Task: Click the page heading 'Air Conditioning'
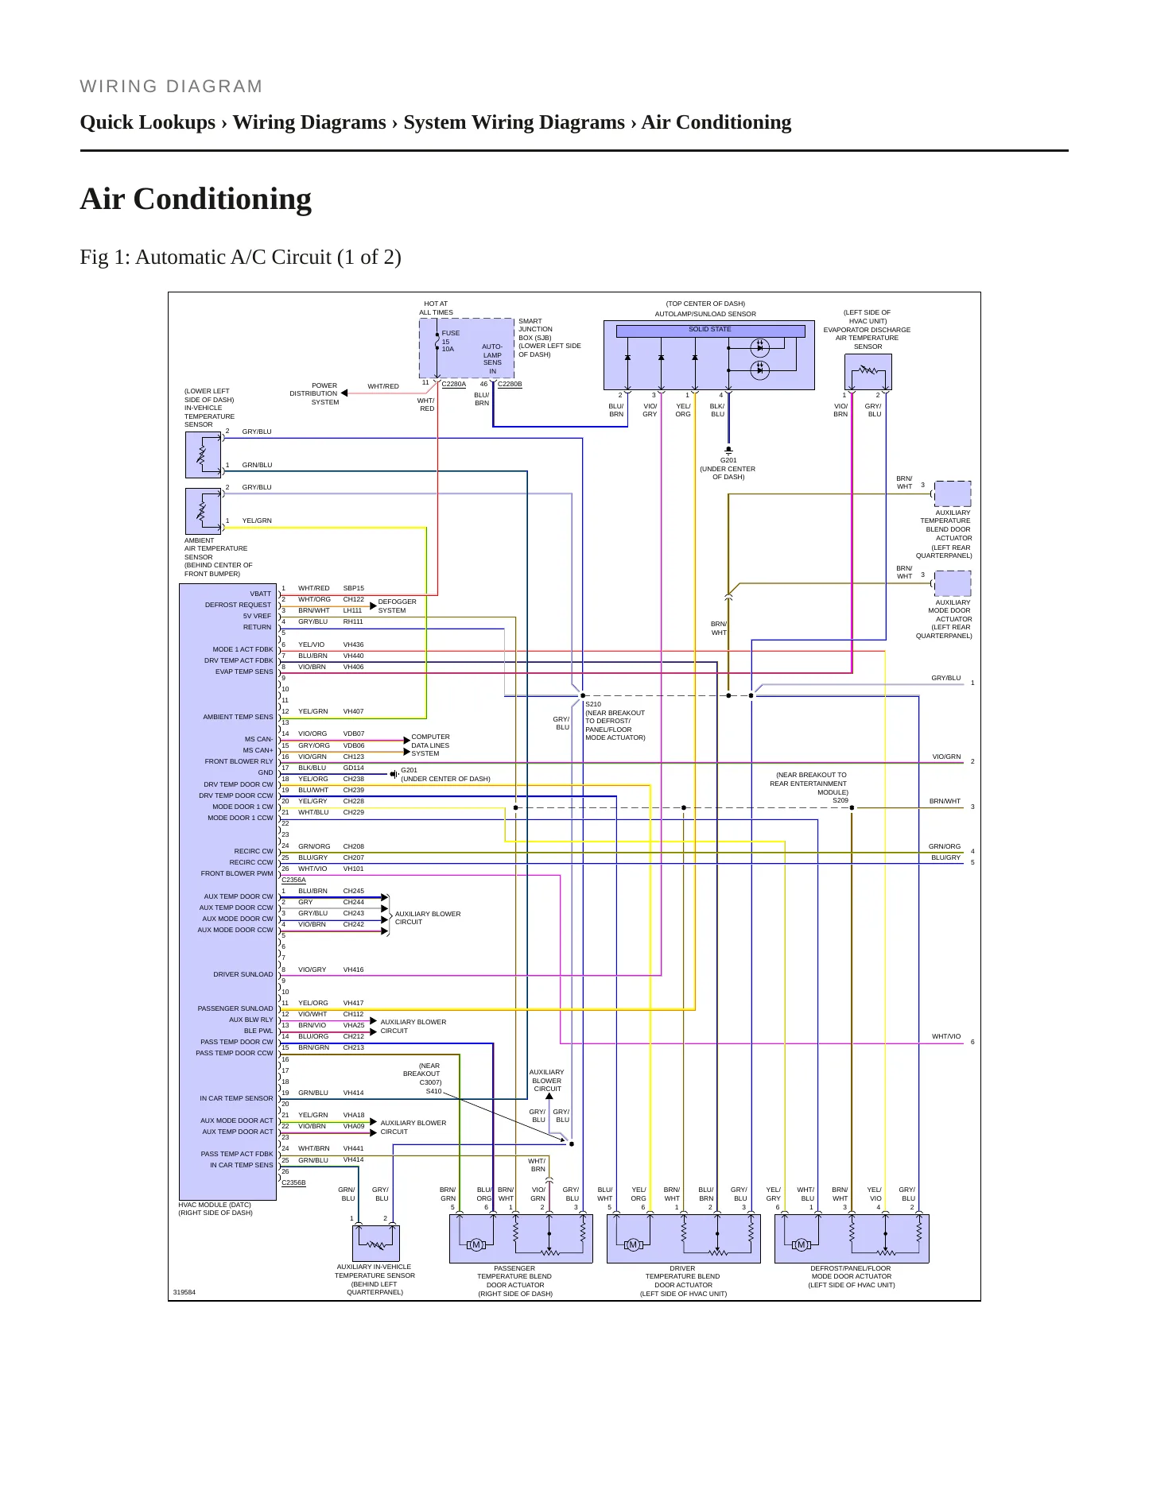tap(196, 199)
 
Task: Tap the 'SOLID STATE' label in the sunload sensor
tap(709, 329)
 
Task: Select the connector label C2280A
tap(453, 384)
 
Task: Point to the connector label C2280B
tap(510, 384)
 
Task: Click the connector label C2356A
tap(293, 880)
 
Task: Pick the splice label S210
tap(593, 704)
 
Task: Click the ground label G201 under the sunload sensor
tap(728, 460)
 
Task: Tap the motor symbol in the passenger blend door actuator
tap(476, 1245)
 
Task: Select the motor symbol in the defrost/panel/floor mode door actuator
tap(801, 1245)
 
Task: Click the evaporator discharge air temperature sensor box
tap(868, 371)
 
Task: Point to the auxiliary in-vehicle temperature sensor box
tap(376, 1244)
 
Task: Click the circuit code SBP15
tap(353, 588)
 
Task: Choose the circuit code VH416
tap(353, 969)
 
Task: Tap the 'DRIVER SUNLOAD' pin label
tap(243, 974)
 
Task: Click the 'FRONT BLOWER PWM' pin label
tap(237, 873)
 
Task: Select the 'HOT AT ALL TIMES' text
tap(436, 308)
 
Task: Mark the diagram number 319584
tap(184, 1292)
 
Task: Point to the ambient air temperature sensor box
tap(203, 511)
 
